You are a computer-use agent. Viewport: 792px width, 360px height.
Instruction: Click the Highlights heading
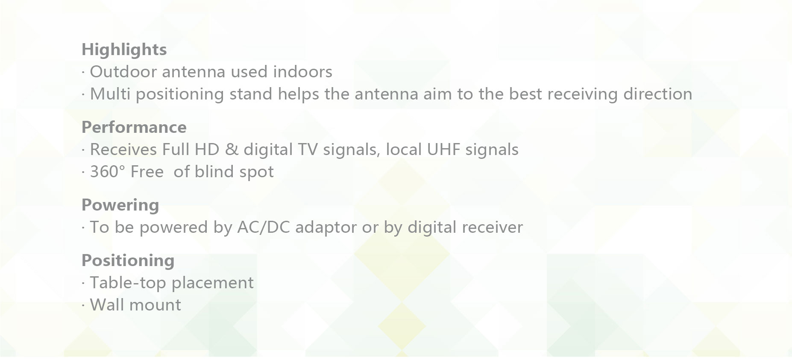tap(124, 50)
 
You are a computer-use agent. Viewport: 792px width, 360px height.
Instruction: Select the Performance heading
tap(134, 127)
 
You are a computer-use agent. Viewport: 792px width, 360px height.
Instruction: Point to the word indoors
tap(302, 72)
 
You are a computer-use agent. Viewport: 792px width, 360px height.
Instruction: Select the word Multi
tap(110, 94)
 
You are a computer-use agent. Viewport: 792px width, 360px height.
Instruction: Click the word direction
tap(658, 94)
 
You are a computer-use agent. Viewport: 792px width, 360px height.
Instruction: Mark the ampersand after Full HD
tap(231, 150)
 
